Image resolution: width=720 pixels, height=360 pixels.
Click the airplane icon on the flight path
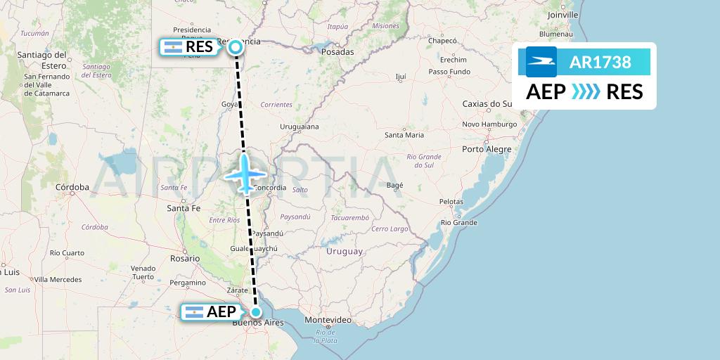[x=245, y=172]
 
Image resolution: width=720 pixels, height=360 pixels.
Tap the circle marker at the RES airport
[x=236, y=47]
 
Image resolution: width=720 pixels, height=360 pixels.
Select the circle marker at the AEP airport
[x=257, y=312]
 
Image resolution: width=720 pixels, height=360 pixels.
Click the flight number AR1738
[x=600, y=62]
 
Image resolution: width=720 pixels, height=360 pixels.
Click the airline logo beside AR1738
[x=541, y=62]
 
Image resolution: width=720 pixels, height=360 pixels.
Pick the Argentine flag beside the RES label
[x=173, y=47]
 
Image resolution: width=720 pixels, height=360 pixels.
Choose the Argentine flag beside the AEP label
[x=193, y=312]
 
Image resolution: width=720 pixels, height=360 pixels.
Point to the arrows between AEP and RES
[x=586, y=92]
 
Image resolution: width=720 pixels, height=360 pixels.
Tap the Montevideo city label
[x=328, y=320]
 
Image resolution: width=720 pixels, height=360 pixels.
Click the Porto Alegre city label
[x=487, y=149]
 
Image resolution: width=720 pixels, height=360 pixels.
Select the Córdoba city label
[x=72, y=187]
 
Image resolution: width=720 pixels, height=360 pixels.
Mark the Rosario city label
[x=184, y=258]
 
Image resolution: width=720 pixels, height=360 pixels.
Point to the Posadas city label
[x=336, y=51]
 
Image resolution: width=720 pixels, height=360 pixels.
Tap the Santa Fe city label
[x=184, y=208]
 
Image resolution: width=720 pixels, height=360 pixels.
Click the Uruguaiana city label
[x=300, y=127]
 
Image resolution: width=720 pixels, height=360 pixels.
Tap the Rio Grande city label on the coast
[x=459, y=222]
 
